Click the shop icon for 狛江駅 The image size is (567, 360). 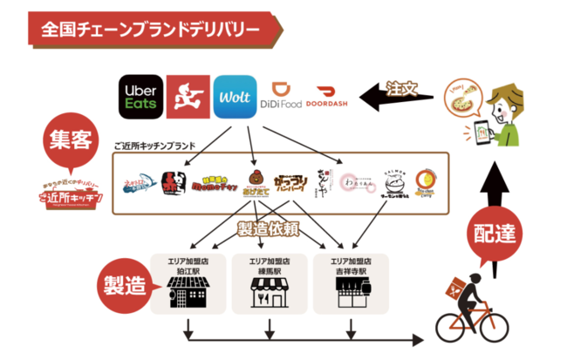pyautogui.click(x=185, y=293)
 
